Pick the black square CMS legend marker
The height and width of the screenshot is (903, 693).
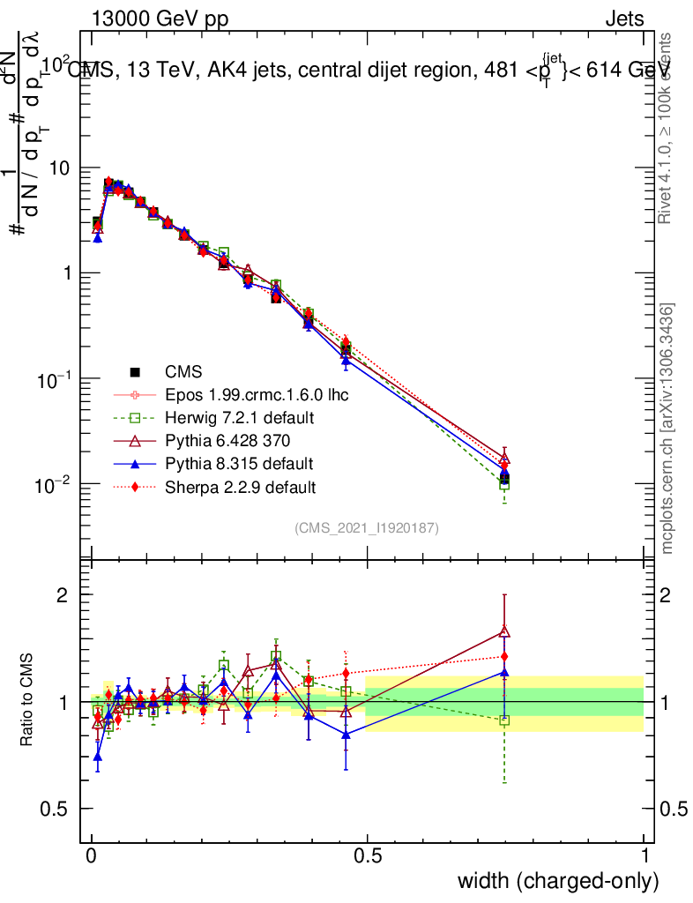pos(137,372)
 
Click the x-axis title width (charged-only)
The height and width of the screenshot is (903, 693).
pos(558,881)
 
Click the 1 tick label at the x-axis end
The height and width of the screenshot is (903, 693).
pos(645,856)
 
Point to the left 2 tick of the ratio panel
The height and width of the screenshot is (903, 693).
pos(63,595)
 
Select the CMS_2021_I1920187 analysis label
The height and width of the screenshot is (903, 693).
pos(367,527)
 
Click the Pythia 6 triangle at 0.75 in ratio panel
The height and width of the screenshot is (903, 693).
pos(504,631)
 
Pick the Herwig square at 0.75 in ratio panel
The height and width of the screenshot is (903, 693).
pos(504,720)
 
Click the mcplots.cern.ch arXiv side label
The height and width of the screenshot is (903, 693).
pos(668,429)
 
